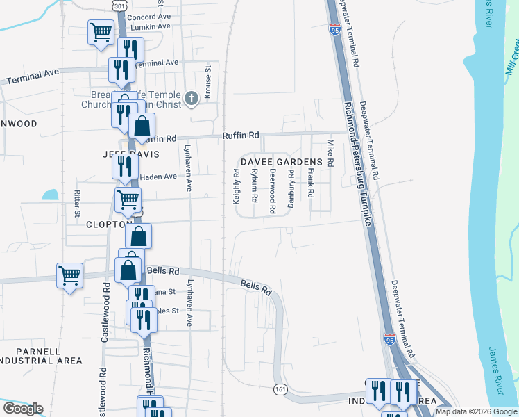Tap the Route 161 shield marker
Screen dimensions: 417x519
coord(280,389)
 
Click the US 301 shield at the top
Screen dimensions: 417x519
coord(120,6)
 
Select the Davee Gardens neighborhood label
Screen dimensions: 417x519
coord(282,162)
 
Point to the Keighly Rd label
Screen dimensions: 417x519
coord(237,189)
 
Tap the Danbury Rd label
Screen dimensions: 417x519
coord(291,192)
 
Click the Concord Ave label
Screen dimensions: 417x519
coord(148,16)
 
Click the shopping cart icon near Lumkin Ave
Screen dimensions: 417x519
coord(101,31)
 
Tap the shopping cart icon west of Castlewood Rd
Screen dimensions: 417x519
coord(69,275)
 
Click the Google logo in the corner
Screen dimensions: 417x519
coord(23,409)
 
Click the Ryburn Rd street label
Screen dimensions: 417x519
coord(255,189)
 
